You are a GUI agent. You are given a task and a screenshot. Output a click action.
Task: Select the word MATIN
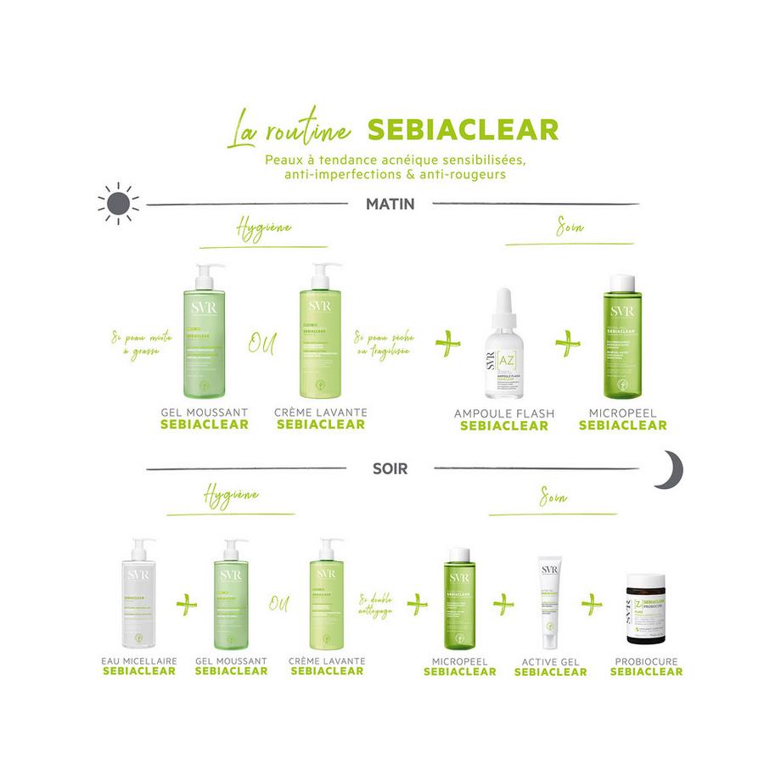(x=389, y=204)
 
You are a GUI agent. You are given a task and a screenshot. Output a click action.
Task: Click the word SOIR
(x=390, y=467)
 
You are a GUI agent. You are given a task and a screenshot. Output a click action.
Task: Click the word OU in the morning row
(x=261, y=344)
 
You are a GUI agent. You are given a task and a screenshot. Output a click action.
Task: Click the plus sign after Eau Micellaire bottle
(x=185, y=604)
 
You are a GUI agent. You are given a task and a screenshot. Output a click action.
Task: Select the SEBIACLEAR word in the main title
(x=463, y=129)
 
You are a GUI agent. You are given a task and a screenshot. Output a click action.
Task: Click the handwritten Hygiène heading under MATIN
(x=263, y=229)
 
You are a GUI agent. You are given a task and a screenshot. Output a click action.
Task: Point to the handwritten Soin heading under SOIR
(x=553, y=496)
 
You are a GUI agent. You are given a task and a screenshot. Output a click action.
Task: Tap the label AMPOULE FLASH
(x=503, y=413)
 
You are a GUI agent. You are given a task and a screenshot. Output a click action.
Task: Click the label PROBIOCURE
(x=646, y=660)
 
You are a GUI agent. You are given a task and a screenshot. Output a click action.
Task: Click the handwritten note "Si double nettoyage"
(x=376, y=604)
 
